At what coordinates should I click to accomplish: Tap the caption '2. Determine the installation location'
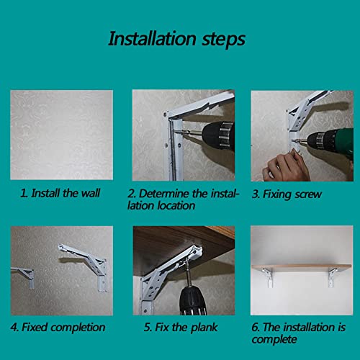(x=177, y=199)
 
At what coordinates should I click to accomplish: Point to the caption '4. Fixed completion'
(x=58, y=326)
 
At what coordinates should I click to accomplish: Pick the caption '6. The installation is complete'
(x=297, y=332)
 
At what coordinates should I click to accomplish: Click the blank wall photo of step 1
(x=61, y=135)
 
